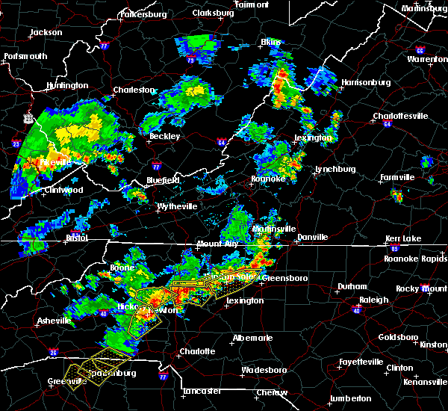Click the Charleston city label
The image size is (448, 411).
coord(134,90)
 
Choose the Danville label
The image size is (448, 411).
coord(312,237)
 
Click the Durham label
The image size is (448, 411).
coord(352,286)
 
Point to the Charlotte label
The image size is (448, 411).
coord(197,351)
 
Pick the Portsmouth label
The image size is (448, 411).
coord(25,56)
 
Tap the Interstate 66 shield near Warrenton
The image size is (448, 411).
coord(420,51)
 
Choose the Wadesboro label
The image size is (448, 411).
coord(263,370)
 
